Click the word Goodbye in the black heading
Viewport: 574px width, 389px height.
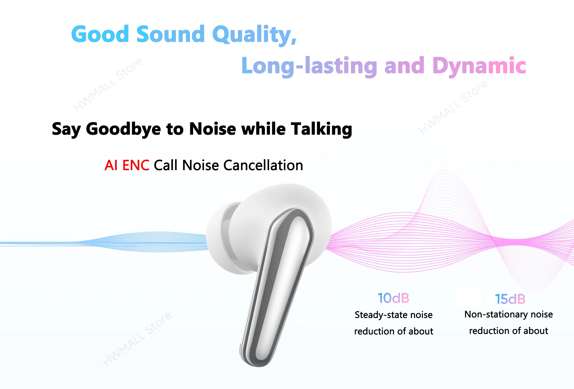(123, 129)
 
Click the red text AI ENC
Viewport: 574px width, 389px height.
(127, 165)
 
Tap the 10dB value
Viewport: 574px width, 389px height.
(393, 298)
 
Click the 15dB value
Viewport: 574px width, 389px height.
(510, 299)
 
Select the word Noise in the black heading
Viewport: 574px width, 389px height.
(213, 129)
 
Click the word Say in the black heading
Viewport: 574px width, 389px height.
(66, 130)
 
